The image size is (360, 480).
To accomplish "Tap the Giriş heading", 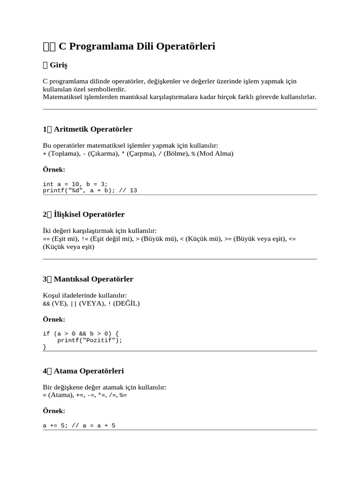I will (x=59, y=65).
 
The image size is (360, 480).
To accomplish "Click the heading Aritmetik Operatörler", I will (x=93, y=129).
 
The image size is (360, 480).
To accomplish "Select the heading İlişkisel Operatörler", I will (x=89, y=214).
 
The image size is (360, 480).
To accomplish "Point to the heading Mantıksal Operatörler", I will (x=93, y=279).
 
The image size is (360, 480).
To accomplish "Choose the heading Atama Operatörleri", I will (x=89, y=371).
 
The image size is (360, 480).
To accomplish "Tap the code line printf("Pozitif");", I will (x=90, y=340).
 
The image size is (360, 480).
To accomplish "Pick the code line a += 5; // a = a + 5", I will (x=79, y=426).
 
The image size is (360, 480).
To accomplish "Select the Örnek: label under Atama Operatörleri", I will (x=54, y=411).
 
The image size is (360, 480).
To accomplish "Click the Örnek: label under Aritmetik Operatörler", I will (x=54, y=169).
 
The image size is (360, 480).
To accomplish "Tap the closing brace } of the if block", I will (x=45, y=347).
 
